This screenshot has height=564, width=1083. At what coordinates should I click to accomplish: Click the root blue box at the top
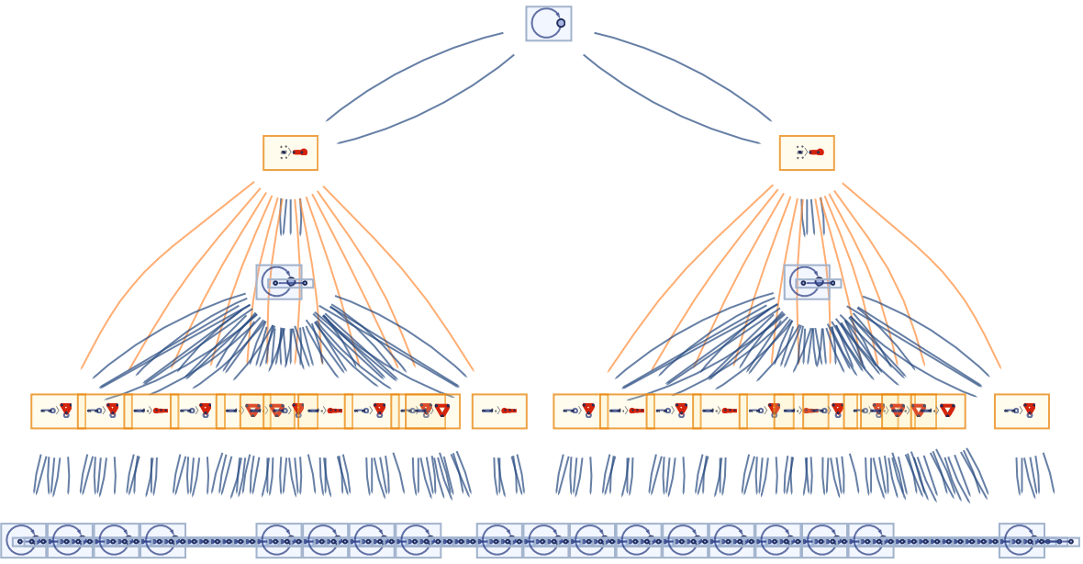(548, 24)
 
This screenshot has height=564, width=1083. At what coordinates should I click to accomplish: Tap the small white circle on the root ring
(561, 23)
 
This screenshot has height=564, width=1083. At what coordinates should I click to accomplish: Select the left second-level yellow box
(290, 152)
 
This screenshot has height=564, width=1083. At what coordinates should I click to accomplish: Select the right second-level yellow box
(806, 152)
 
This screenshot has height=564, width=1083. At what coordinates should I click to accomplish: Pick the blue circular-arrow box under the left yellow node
(278, 282)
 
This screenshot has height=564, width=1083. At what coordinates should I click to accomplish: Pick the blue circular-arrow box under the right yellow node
(806, 282)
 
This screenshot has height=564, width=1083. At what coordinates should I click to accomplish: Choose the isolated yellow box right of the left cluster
(498, 411)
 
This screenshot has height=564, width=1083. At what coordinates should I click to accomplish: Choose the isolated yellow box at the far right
(1021, 411)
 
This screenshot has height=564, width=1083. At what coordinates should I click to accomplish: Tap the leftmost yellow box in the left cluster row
(53, 411)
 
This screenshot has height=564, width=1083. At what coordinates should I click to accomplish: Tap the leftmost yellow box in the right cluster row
(575, 411)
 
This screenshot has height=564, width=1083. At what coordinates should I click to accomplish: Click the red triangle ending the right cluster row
(947, 411)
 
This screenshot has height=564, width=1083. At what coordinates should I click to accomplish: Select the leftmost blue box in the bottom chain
(22, 541)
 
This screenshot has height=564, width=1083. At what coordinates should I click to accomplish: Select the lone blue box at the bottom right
(1021, 541)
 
